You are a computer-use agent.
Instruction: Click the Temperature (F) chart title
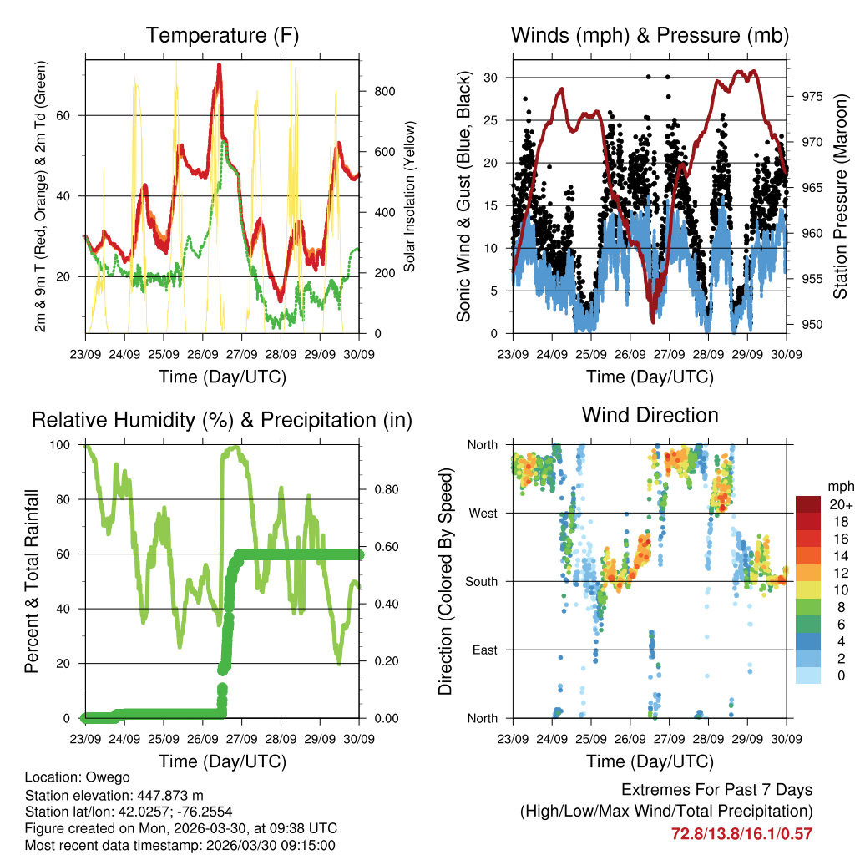pos(222,35)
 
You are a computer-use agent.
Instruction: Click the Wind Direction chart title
pos(650,415)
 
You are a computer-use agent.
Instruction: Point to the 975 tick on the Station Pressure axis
pos(812,96)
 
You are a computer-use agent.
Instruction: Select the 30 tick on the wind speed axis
pos(491,78)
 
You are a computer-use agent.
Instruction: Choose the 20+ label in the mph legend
pos(840,504)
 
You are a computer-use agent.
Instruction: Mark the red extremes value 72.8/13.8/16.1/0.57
pos(741,833)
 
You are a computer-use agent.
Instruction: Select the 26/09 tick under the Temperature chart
pos(202,354)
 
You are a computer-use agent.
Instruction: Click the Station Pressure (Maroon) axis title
pos(840,197)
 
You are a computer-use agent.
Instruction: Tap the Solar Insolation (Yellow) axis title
pos(410,197)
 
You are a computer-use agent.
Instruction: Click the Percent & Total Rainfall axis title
pos(32,581)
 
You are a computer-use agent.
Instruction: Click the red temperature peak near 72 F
pos(219,67)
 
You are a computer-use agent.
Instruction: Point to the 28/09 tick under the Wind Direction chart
pos(708,738)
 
